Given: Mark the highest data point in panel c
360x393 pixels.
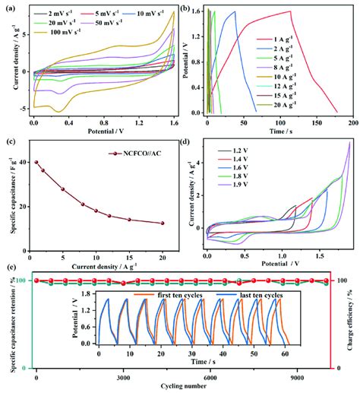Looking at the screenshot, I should pos(36,163).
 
